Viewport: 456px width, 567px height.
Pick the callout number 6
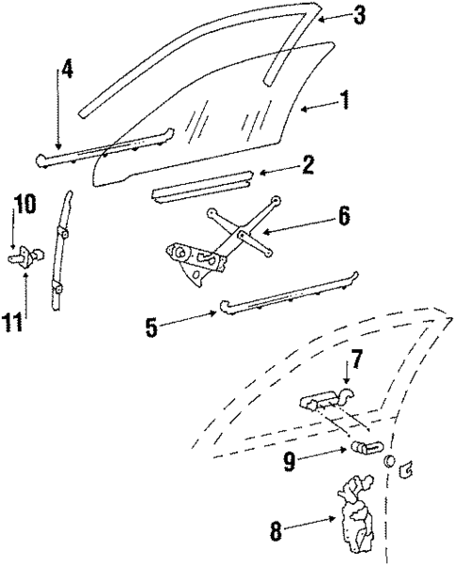tap(344, 216)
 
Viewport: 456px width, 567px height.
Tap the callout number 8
tap(275, 530)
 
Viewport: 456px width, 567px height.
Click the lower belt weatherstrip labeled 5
tap(287, 293)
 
